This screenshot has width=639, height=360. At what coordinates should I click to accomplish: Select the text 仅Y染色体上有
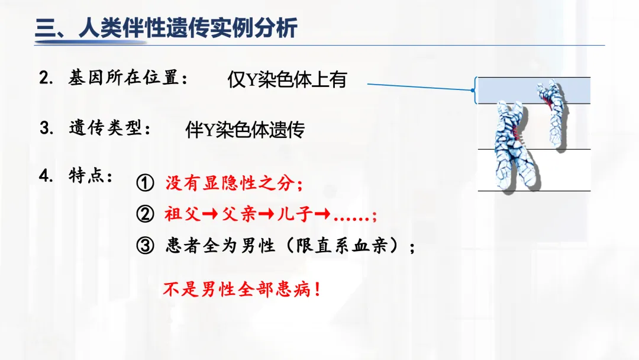(x=286, y=80)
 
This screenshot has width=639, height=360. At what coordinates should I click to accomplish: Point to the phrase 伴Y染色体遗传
(x=244, y=130)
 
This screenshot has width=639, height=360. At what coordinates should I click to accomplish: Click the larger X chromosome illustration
(x=511, y=148)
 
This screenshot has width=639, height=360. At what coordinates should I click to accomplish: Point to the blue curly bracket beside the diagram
(x=474, y=91)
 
